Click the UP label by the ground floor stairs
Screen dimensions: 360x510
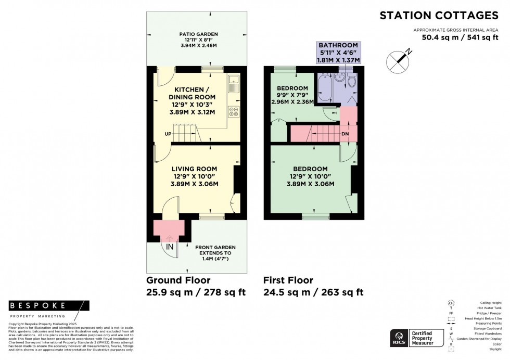coord(168,134)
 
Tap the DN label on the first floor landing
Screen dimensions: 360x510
coord(345,134)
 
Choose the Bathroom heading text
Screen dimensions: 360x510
coord(338,45)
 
